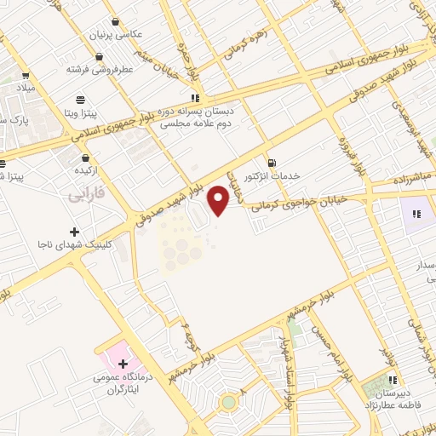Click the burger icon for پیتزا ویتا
point(80,99)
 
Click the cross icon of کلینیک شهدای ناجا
point(75,232)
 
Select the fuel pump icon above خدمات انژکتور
point(271,163)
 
